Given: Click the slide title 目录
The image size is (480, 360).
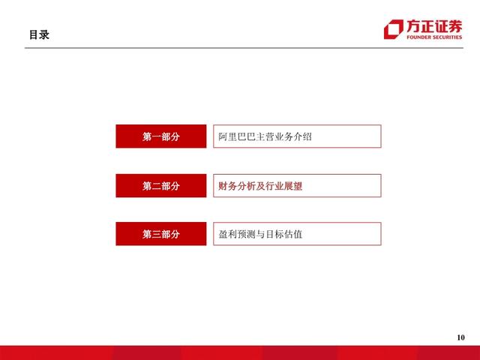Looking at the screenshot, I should (x=39, y=34).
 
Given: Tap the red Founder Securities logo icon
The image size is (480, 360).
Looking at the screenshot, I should (x=392, y=28).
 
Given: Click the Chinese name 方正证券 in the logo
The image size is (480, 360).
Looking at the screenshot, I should (x=434, y=24).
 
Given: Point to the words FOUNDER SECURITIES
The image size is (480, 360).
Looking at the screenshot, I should (x=434, y=36).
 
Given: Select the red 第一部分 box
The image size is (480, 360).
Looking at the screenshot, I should (x=160, y=136).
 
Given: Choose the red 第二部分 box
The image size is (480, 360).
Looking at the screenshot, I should (x=160, y=185).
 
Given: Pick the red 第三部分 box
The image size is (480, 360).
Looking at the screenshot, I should (x=160, y=234).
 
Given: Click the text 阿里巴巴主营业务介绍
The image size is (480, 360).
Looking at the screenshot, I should (x=265, y=136).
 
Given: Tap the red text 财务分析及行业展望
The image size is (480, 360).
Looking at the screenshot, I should (x=260, y=185).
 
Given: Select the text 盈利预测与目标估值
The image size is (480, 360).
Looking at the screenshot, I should (x=260, y=234).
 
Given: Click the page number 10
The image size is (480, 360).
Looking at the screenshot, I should (x=460, y=337).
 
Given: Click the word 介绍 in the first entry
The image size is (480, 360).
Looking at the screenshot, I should (x=302, y=136).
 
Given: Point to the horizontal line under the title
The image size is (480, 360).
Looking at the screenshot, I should (x=240, y=48).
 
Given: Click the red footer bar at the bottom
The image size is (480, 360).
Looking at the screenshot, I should (x=240, y=353).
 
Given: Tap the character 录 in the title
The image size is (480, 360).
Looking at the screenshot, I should (x=44, y=34).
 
